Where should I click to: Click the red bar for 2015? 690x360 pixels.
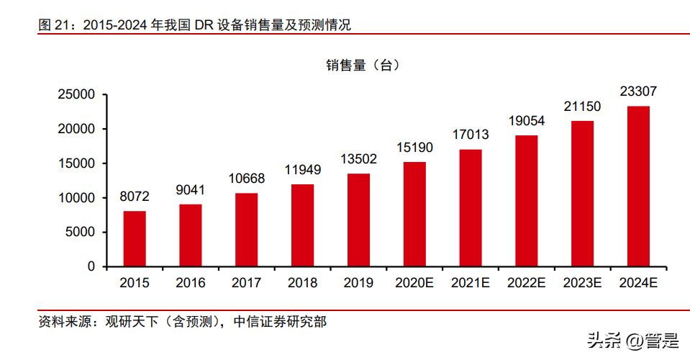pyautogui.click(x=135, y=238)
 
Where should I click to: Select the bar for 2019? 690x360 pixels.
pyautogui.click(x=358, y=220)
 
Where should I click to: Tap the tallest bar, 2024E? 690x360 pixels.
pyautogui.click(x=638, y=186)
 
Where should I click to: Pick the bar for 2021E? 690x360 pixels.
pyautogui.click(x=471, y=207)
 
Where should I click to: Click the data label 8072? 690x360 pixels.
pyautogui.click(x=135, y=197)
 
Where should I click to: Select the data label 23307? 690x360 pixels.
pyautogui.click(x=638, y=91)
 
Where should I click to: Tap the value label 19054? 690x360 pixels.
pyautogui.click(x=526, y=121)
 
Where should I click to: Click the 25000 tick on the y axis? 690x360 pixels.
pyautogui.click(x=76, y=94)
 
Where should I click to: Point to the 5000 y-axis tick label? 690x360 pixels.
pyautogui.click(x=80, y=232)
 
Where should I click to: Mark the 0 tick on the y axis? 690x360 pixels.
pyautogui.click(x=91, y=266)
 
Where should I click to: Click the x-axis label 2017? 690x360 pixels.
pyautogui.click(x=246, y=283)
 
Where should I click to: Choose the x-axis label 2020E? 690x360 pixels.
pyautogui.click(x=414, y=283)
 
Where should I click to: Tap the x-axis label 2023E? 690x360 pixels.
pyautogui.click(x=582, y=283)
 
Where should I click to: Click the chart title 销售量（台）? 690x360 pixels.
pyautogui.click(x=362, y=65)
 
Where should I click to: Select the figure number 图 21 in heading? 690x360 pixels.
pyautogui.click(x=55, y=25)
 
